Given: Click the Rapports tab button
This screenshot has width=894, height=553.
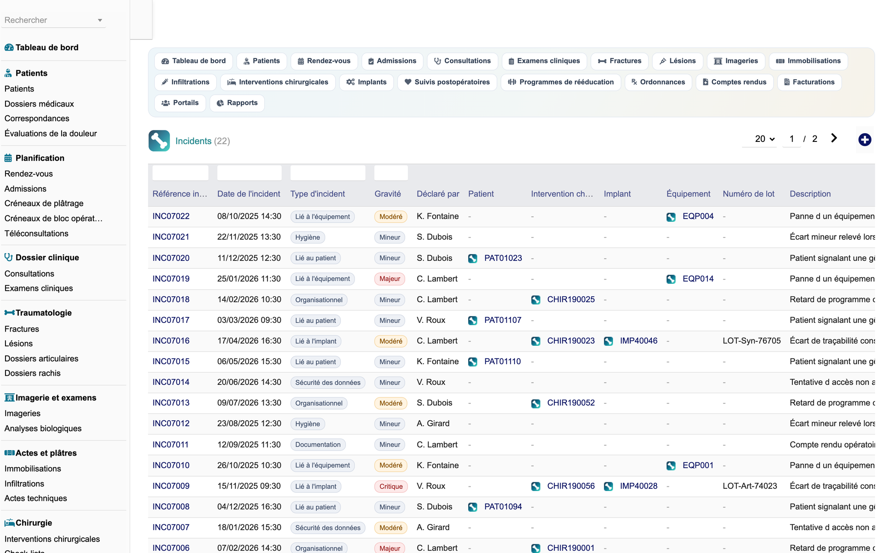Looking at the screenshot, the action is tap(237, 103).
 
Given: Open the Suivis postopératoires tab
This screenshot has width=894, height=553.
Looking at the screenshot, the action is tap(447, 82).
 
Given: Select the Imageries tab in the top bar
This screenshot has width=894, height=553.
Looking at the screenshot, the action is tap(736, 61).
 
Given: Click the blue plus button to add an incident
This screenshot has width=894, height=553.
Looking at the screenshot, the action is tap(865, 140).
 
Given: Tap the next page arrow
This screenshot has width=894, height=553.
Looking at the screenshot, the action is tap(834, 138).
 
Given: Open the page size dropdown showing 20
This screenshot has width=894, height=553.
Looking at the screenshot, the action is tap(765, 139).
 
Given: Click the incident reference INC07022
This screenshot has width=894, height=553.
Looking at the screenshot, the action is tap(171, 216).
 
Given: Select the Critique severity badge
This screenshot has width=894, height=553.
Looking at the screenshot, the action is tap(391, 486).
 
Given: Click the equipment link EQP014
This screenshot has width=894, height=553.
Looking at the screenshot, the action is tap(698, 279).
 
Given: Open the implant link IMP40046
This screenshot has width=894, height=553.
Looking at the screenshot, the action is tap(639, 341).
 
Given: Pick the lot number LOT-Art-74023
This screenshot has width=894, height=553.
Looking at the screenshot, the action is tap(750, 486).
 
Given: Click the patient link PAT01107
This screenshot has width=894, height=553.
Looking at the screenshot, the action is tap(503, 320).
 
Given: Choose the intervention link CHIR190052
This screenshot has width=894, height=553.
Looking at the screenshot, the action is tap(571, 403).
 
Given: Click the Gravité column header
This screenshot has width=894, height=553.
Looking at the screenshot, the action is tap(388, 194).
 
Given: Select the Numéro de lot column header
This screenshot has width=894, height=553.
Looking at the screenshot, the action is tap(748, 194).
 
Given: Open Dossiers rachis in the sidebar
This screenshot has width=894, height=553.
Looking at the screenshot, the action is tap(33, 373).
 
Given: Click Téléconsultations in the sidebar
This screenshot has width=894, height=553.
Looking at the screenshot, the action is tap(36, 233).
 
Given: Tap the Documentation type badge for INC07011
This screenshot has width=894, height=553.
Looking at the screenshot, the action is tap(318, 445).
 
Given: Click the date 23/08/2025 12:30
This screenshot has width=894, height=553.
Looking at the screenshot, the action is tap(249, 423).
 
